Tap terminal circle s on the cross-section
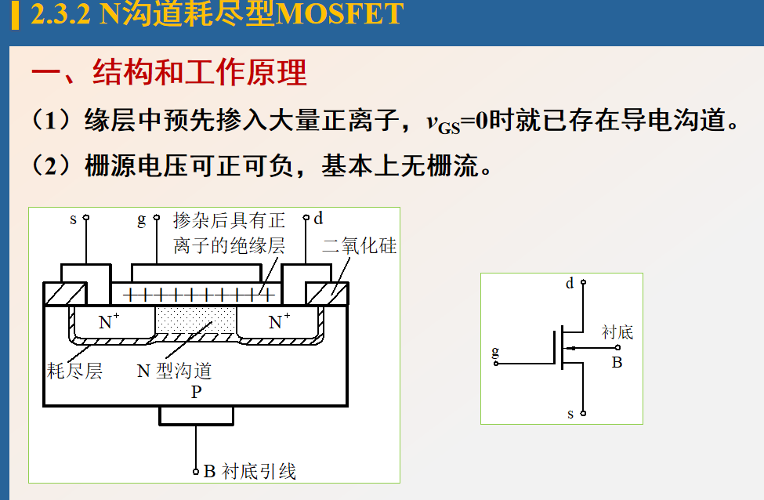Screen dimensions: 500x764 point(86,218)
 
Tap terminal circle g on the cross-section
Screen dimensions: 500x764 point(154,218)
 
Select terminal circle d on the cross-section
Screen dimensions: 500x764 point(307,218)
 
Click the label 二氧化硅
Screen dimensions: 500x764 point(360,247)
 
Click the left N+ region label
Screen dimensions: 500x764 point(109,321)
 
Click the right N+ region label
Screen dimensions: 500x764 point(279,321)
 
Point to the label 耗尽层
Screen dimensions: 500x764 point(75,370)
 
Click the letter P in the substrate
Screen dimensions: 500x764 point(196,393)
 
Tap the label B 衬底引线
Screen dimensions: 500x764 point(249,472)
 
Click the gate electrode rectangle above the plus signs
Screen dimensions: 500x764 point(196,273)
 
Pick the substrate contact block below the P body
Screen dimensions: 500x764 point(196,415)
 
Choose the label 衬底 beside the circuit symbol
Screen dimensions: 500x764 point(617,332)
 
